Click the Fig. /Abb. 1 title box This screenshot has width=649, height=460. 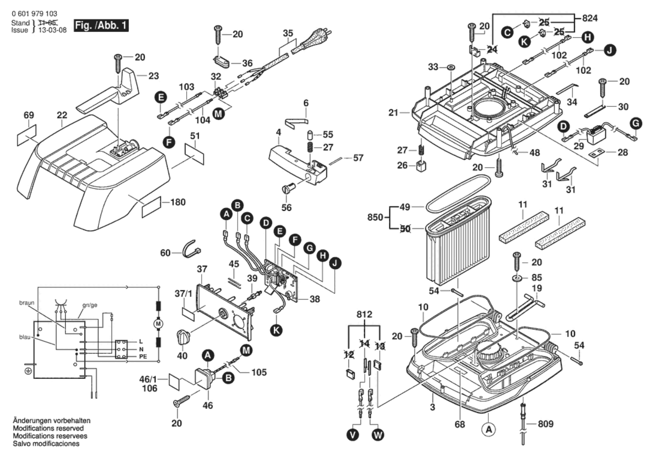(101, 26)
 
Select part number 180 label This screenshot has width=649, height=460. (178, 202)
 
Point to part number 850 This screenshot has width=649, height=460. (375, 217)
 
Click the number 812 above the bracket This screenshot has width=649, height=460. (364, 314)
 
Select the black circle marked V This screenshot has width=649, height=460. (352, 435)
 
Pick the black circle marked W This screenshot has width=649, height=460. (378, 435)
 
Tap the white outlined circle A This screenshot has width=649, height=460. (489, 429)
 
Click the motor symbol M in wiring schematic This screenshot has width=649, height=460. (158, 324)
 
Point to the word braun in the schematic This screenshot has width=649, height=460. (27, 303)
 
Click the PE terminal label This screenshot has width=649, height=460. (143, 356)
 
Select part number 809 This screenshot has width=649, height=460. (545, 424)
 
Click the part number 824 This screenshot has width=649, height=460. (590, 18)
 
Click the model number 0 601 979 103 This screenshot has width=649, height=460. (34, 14)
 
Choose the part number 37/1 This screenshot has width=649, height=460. (183, 294)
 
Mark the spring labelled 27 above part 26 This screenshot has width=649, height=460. (421, 150)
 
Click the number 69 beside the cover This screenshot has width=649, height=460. (29, 115)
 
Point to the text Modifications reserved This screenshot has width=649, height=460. (48, 428)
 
